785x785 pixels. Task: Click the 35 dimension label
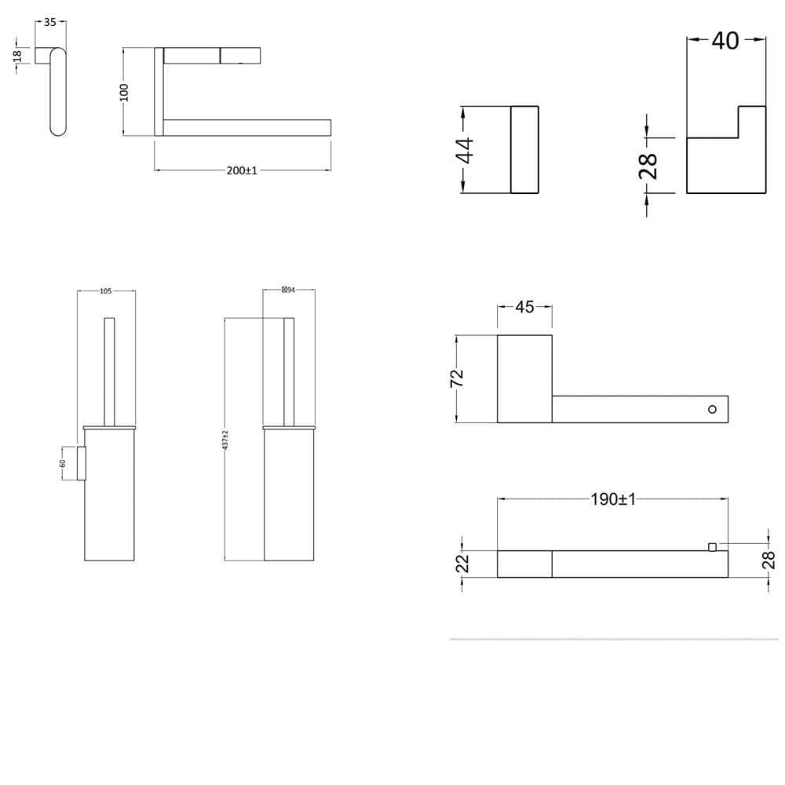pos(50,23)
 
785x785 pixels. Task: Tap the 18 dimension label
pos(17,57)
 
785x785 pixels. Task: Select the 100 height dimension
pos(123,92)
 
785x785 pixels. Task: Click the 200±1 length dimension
pos(242,170)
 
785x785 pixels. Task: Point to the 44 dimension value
pos(466,150)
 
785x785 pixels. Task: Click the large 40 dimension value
pos(725,40)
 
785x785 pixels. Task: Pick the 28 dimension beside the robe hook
pos(648,166)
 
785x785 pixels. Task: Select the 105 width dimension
pos(106,291)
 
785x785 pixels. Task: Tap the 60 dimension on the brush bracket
pos(64,463)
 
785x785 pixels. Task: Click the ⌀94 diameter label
pos(288,290)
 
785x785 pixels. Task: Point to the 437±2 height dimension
pos(225,439)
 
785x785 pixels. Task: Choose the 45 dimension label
pos(524,307)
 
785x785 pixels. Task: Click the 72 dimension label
pos(458,378)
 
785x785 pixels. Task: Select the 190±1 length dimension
pos(613,499)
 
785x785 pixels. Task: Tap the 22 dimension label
pos(462,563)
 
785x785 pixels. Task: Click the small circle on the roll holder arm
pos(712,409)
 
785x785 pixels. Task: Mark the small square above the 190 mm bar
pos(713,546)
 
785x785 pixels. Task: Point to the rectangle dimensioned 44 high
pos(524,150)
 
